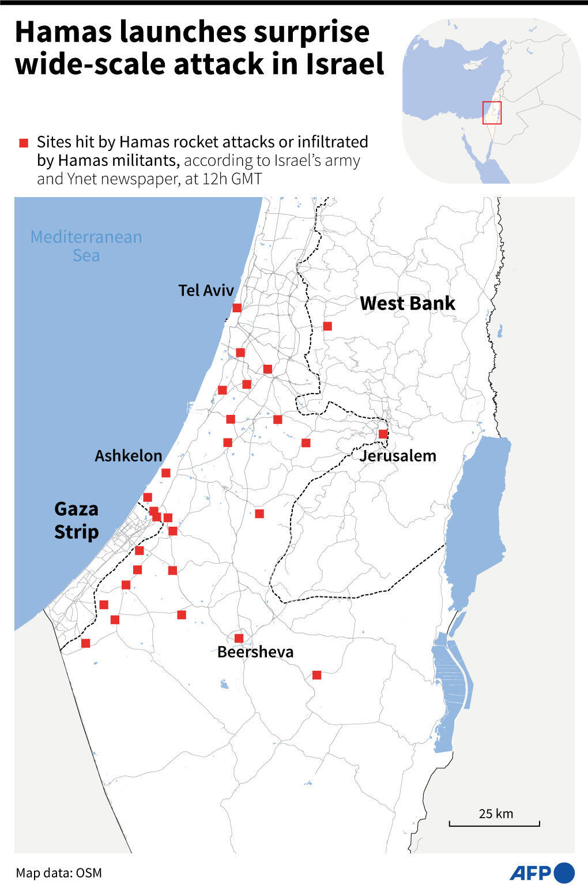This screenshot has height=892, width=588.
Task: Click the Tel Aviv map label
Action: (x=206, y=290)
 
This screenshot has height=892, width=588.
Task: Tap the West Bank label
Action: (x=408, y=303)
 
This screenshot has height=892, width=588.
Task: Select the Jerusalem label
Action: (x=398, y=456)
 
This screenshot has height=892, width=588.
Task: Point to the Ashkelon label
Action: (x=128, y=456)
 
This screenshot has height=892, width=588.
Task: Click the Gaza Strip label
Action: (x=76, y=520)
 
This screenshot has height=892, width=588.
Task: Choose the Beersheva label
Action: (x=255, y=652)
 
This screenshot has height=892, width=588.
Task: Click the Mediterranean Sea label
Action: (x=86, y=246)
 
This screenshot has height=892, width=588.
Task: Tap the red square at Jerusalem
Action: (x=383, y=434)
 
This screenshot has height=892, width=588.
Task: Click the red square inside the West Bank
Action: (x=327, y=326)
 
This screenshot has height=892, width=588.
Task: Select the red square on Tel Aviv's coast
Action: (x=237, y=308)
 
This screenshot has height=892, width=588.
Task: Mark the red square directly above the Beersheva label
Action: (x=239, y=638)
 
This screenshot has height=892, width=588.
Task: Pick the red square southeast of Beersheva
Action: (x=316, y=675)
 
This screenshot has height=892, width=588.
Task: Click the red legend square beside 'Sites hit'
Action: (x=24, y=143)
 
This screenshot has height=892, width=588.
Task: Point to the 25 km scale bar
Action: (x=495, y=825)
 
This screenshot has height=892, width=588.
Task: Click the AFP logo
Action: (x=541, y=872)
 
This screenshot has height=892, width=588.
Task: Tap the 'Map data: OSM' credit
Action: (x=59, y=873)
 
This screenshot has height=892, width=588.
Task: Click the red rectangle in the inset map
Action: (x=492, y=112)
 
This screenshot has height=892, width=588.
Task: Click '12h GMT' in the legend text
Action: (x=232, y=179)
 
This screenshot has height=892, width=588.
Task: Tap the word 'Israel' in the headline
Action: (x=345, y=63)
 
